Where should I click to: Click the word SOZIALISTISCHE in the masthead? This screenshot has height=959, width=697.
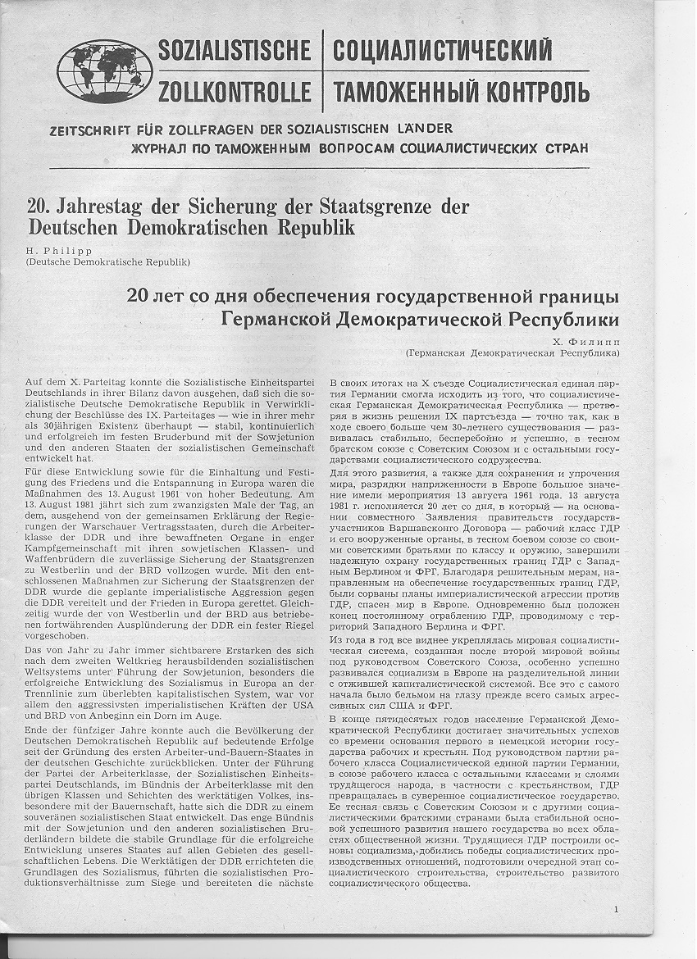(x=235, y=50)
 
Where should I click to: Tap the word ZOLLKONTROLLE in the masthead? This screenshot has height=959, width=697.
(x=235, y=90)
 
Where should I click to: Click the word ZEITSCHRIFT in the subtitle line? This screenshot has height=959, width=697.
(x=85, y=129)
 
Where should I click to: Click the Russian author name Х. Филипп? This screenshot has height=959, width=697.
(x=588, y=340)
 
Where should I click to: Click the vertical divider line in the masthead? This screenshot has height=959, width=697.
(x=322, y=70)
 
